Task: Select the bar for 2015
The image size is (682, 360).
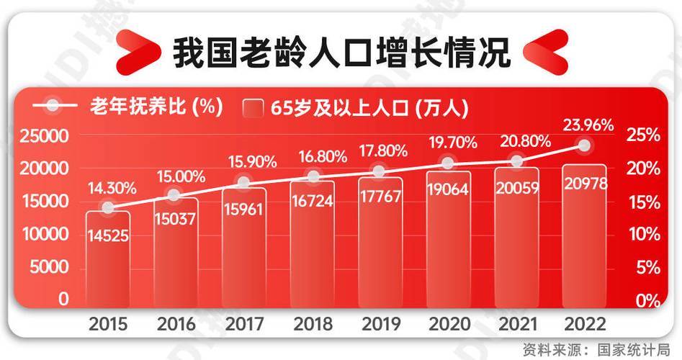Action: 108,259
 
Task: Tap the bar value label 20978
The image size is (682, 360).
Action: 585,184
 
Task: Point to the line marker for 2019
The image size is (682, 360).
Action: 380,171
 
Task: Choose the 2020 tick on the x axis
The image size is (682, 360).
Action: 447,323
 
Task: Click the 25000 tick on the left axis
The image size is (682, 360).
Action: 43,135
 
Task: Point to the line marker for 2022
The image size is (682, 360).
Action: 584,145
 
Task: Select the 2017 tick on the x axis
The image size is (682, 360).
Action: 244,323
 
